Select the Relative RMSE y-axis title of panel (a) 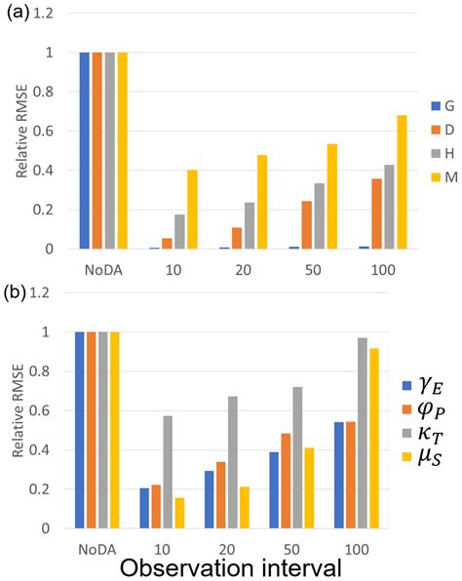point(22,150)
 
